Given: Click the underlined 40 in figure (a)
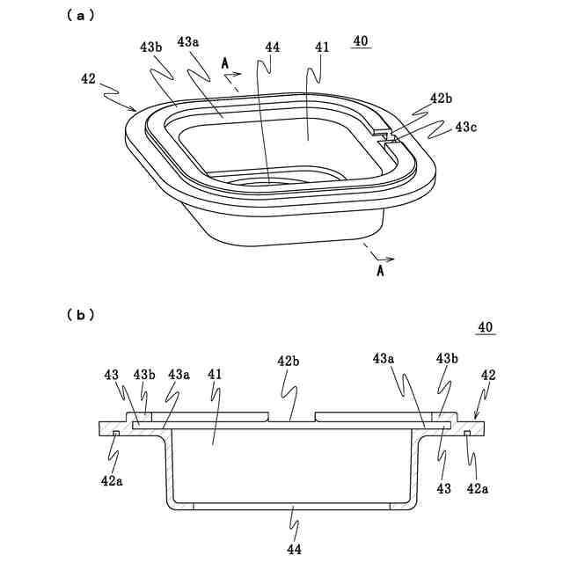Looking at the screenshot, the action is pos(361,40).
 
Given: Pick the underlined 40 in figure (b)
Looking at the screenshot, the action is pos(485,327).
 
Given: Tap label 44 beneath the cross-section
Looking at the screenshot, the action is pos(294,549).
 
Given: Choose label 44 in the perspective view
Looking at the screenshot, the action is pos(272,48).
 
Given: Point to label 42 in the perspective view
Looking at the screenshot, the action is pos(88,78).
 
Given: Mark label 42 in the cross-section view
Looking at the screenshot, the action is pos(488,375).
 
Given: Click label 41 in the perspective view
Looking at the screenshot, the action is pos(322,48).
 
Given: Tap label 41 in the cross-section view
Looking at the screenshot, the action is pos(216,375).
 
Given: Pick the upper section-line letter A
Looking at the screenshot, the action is pos(225,63).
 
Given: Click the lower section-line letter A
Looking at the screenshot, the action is pos(380,272).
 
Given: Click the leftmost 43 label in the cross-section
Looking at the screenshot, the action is pos(111,375).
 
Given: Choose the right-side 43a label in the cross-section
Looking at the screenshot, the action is pos(384,359).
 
